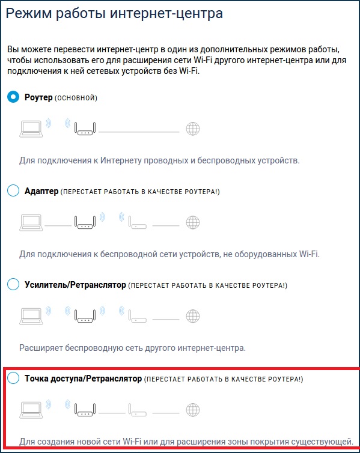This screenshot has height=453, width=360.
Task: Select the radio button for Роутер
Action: click(13, 97)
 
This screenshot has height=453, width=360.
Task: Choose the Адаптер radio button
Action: click(13, 190)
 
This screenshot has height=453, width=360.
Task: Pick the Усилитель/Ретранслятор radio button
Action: click(13, 284)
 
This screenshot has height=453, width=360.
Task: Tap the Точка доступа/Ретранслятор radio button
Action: click(13, 377)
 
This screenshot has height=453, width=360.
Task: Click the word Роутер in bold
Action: click(38, 97)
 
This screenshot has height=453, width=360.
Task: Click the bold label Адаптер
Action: click(41, 191)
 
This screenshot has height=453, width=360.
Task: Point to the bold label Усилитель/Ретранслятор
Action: click(75, 285)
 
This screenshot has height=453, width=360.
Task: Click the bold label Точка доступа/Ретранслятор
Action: click(83, 379)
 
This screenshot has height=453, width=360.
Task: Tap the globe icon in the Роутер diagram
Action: click(193, 129)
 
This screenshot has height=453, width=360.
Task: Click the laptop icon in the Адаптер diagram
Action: click(31, 223)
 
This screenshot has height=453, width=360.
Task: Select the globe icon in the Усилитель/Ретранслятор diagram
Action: click(193, 316)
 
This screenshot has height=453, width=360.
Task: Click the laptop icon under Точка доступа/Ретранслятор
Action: click(31, 410)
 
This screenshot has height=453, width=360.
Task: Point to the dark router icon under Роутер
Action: click(85, 129)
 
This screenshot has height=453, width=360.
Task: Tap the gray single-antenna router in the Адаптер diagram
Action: click(138, 222)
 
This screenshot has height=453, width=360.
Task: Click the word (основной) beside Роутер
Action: click(76, 98)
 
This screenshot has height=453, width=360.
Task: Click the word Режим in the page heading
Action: click(28, 14)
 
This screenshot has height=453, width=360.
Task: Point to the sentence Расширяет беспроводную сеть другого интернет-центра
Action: click(132, 348)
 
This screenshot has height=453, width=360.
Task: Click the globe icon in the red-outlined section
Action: click(193, 409)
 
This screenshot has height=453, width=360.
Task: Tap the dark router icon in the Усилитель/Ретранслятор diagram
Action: click(85, 316)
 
